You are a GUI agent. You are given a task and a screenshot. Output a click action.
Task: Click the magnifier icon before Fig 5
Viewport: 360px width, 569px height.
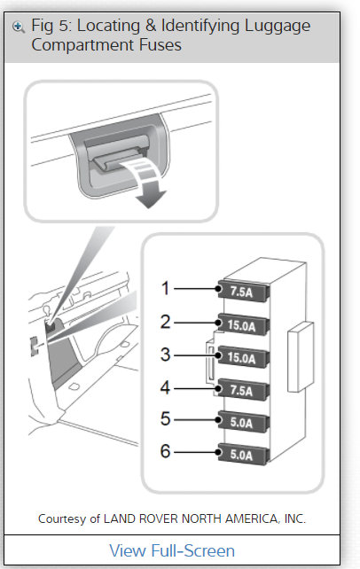pyautogui.click(x=18, y=26)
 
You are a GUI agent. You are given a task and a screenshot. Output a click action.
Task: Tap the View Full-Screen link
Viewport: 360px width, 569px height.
pyautogui.click(x=172, y=550)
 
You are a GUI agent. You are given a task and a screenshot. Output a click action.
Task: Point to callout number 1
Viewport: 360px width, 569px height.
pyautogui.click(x=165, y=288)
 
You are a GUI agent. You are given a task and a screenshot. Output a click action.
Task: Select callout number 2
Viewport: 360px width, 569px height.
pyautogui.click(x=165, y=322)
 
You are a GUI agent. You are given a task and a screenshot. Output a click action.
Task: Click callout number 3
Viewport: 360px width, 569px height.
pyautogui.click(x=165, y=355)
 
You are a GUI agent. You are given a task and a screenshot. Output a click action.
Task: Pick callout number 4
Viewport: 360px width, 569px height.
pyautogui.click(x=165, y=387)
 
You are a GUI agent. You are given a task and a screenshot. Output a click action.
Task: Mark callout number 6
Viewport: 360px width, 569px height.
pyautogui.click(x=165, y=452)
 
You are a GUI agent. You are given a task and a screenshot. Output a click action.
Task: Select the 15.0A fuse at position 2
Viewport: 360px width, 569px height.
pyautogui.click(x=240, y=325)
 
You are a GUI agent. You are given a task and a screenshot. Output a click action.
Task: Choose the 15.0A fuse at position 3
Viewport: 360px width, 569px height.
pyautogui.click(x=240, y=358)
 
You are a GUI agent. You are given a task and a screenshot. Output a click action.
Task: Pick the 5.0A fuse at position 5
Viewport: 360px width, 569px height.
pyautogui.click(x=240, y=424)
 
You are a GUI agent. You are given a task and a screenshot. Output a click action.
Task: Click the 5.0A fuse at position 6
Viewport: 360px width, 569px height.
pyautogui.click(x=240, y=456)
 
